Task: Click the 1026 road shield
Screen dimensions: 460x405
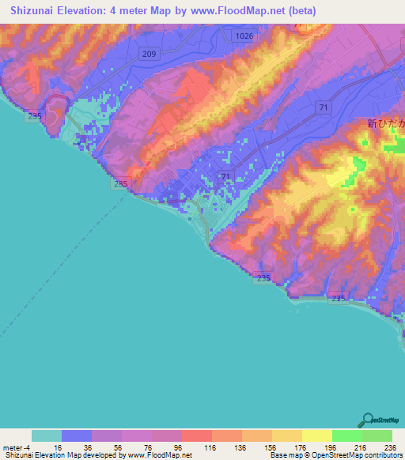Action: coord(244,36)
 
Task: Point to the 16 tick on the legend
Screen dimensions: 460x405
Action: coord(62,447)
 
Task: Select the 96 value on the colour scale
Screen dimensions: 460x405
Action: coord(182,447)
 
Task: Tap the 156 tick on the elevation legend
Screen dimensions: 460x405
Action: coord(271,447)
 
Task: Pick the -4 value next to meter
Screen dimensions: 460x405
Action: coord(29,447)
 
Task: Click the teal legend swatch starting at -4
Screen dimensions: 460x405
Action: coord(47,436)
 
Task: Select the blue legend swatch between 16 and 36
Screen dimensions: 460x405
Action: coord(77,436)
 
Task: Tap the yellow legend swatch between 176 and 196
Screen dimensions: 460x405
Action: coord(316,436)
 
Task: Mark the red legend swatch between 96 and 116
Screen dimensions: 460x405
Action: coord(197,436)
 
